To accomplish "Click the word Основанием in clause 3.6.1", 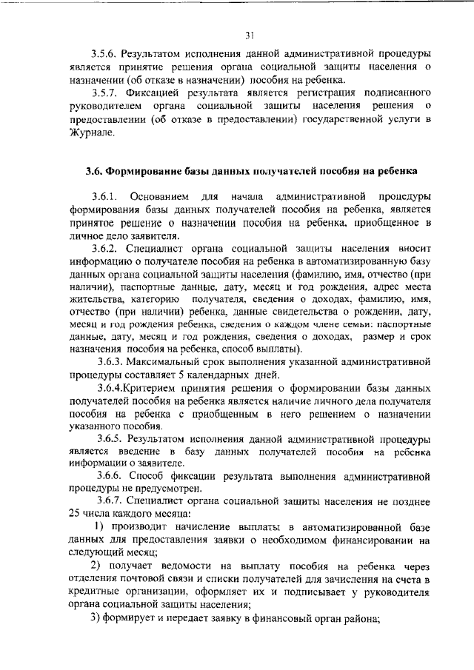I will (158, 197).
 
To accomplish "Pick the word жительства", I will (93, 298).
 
